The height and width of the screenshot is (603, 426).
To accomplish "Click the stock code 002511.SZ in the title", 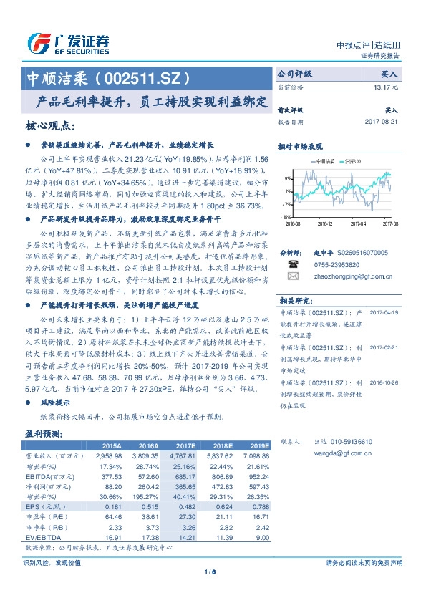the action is (150, 77).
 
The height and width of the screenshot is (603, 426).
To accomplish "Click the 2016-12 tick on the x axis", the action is (325, 223).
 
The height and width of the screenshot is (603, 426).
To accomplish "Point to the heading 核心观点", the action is (50, 126).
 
